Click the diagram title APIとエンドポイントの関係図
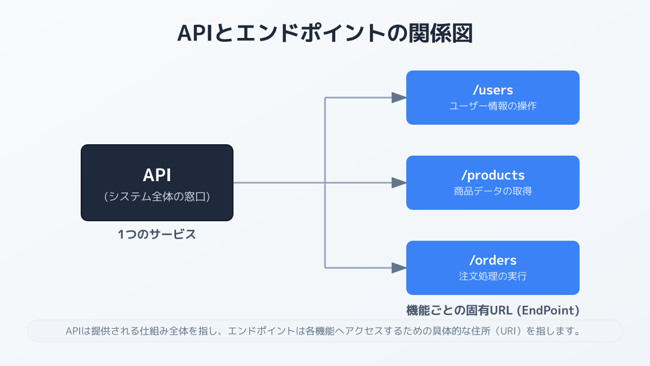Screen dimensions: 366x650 [x=325, y=33]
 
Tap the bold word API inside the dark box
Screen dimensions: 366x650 [x=157, y=175]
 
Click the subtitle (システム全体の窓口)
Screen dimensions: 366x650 [x=157, y=197]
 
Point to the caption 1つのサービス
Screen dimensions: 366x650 [x=157, y=235]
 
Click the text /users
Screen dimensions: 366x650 [x=492, y=90]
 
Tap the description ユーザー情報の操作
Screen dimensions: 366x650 [x=492, y=106]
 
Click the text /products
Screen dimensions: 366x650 [x=492, y=175]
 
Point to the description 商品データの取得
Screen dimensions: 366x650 [x=492, y=191]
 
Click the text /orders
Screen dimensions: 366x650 [x=492, y=260]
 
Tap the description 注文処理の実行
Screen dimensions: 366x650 [x=492, y=277]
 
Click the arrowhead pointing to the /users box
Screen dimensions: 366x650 [x=399, y=98]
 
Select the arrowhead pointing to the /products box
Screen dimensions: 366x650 [x=399, y=183]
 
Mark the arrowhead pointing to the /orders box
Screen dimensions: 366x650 [x=399, y=268]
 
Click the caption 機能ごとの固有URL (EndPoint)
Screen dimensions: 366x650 [x=492, y=311]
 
